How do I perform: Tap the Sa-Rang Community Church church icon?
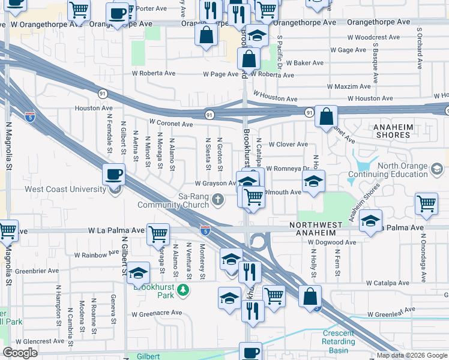click(x=220, y=199)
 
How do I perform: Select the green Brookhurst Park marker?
click(x=183, y=291)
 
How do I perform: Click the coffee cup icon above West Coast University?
click(x=114, y=175)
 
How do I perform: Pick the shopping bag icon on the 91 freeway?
click(x=326, y=118)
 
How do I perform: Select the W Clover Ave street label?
click(x=288, y=145)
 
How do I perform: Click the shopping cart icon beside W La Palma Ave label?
click(x=158, y=234)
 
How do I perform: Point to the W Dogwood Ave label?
click(x=332, y=242)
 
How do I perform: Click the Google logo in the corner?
click(x=20, y=353)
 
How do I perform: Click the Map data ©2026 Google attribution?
click(x=412, y=355)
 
